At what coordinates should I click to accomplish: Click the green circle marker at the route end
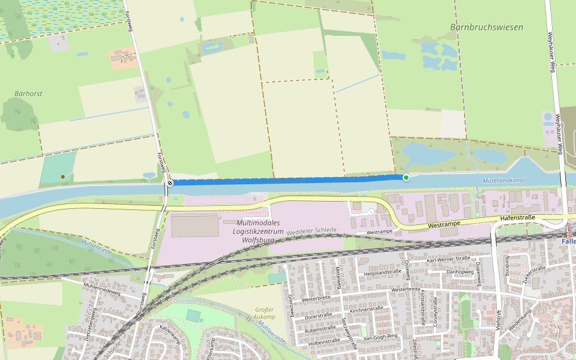click(406, 177)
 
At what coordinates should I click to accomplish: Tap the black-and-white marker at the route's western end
click(170, 182)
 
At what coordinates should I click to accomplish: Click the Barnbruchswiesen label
click(486, 27)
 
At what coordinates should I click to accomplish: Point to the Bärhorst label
click(28, 94)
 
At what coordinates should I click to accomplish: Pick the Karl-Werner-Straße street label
click(449, 259)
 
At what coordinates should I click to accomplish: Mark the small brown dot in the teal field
click(62, 176)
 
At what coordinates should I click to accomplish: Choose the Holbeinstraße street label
click(324, 341)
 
